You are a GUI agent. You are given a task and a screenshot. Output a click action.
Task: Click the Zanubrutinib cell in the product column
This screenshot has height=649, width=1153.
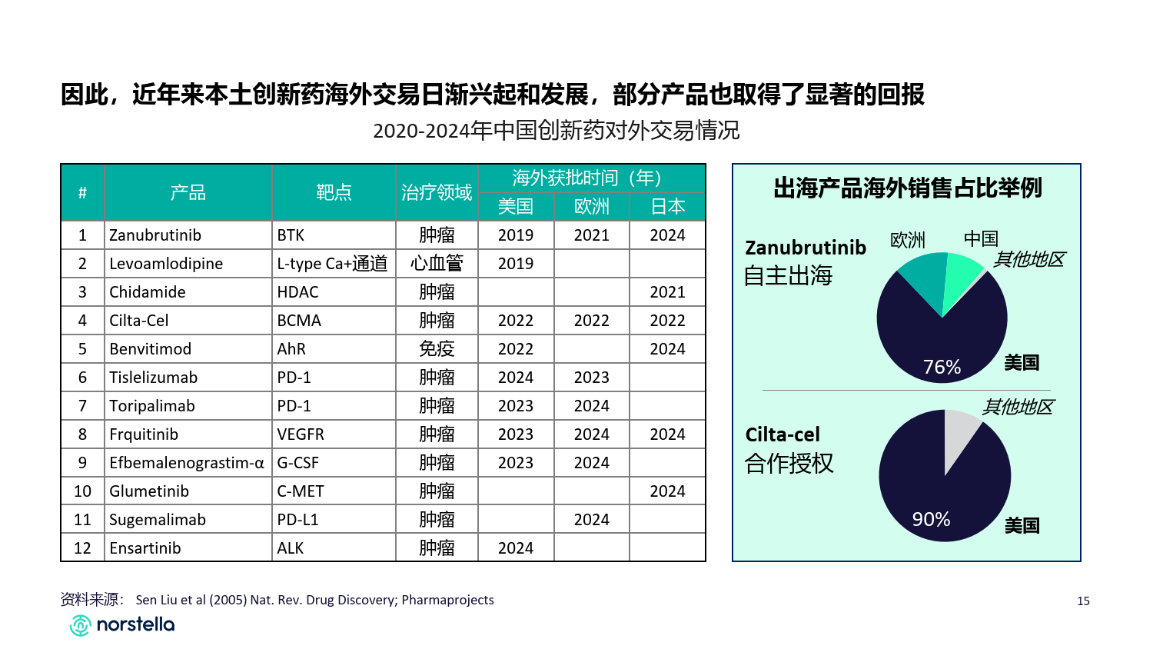pos(155,235)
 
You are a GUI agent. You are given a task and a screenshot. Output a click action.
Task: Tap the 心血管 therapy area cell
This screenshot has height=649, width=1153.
pos(437,264)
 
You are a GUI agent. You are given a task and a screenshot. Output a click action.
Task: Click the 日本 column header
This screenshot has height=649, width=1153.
pos(667,207)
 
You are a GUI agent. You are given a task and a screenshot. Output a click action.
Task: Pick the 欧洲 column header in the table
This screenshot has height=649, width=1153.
pos(591,207)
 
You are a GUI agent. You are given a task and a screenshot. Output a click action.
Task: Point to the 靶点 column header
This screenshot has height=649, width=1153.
pos(334,192)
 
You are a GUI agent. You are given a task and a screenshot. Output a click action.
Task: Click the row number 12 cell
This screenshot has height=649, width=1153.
pos(82,548)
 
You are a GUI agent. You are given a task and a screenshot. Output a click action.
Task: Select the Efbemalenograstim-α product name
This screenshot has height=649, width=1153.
pos(187,463)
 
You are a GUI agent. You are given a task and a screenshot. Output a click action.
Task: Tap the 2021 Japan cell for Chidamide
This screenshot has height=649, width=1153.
pos(667,292)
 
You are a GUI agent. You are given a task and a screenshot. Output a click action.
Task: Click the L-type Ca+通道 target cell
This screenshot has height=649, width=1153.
pos(332,264)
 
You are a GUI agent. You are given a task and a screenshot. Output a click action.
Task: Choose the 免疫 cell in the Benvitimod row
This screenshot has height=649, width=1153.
pos(437,349)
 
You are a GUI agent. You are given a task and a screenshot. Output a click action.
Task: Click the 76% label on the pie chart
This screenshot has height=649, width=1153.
pos(942,368)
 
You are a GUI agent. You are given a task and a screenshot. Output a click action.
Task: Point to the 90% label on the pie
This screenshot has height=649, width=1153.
pos(931,520)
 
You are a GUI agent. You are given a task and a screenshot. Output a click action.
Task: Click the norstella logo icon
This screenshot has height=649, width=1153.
pos(80,625)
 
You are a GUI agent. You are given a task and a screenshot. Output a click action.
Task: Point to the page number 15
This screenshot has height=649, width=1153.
pos(1083,601)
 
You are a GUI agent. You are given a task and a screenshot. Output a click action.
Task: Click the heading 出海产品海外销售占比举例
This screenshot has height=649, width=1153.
pos(907,188)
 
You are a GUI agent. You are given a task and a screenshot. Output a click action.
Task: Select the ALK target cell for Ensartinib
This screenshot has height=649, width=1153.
pos(291,548)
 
